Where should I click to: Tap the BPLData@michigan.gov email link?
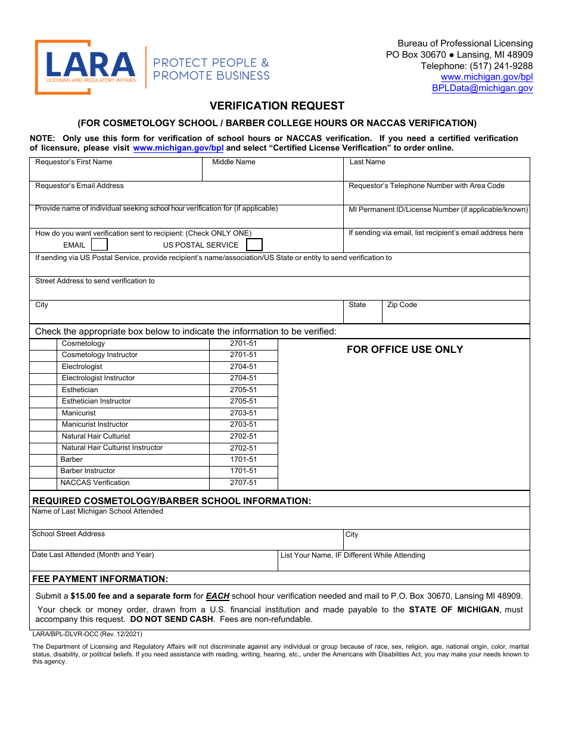tap(482, 88)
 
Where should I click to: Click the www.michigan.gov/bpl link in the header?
tap(487, 77)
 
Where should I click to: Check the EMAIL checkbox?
tap(99, 245)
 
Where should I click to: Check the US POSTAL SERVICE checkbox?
tap(254, 245)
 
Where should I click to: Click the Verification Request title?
tap(277, 106)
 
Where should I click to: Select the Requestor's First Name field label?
tap(74, 162)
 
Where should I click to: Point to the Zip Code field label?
tap(402, 305)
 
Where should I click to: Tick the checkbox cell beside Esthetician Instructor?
tap(43, 402)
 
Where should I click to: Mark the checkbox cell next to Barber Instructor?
tap(43, 471)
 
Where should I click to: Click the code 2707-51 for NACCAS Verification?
tap(243, 483)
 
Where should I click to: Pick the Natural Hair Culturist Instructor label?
tap(112, 448)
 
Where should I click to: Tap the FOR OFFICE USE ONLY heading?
tap(405, 349)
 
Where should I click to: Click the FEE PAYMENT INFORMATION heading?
tap(100, 579)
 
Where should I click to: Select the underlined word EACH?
tap(217, 596)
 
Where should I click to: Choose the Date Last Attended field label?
tap(93, 555)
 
